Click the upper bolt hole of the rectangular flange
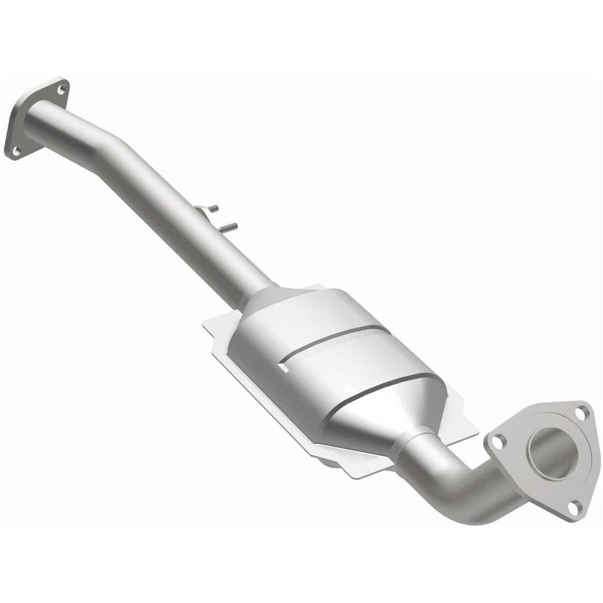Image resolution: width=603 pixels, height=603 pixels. point(60,90)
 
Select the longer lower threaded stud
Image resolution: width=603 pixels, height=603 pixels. point(229,225)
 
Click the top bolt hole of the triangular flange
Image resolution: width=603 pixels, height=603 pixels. point(580,412)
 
